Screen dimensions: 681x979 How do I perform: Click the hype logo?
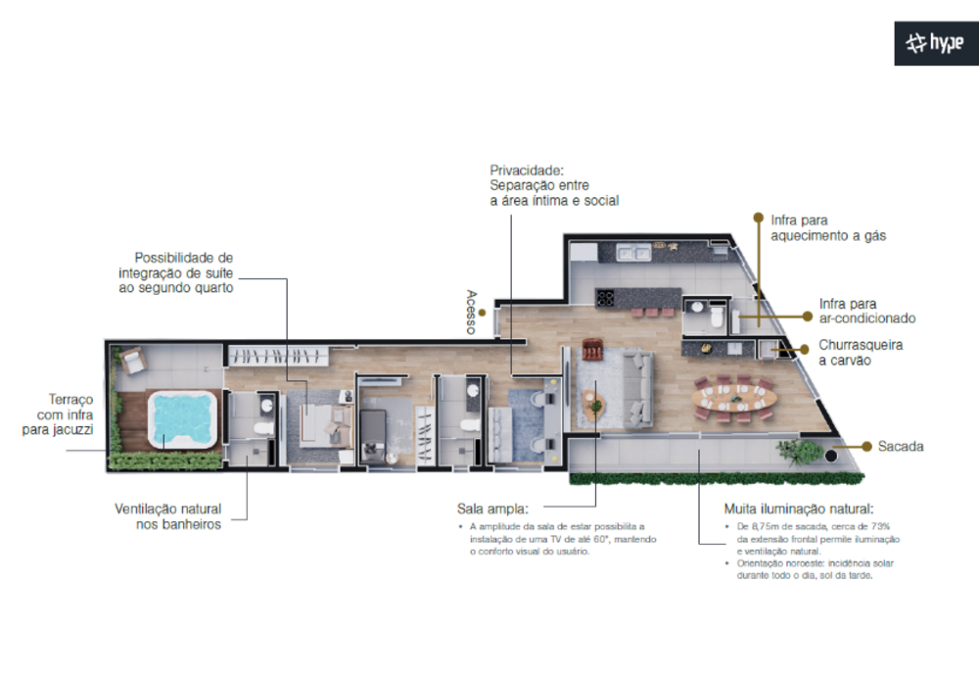pos(937,43)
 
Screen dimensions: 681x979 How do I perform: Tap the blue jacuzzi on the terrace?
pos(181,419)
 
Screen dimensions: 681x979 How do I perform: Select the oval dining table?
pos(733,397)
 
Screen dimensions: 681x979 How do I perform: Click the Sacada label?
pos(901,446)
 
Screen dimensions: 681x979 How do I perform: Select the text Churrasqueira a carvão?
pos(861,353)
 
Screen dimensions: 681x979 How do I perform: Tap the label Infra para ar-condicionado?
pos(866,311)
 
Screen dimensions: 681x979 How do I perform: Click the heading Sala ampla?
pos(492,509)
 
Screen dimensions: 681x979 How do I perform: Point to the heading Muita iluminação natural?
pos(798,509)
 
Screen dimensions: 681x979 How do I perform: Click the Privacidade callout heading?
pos(528,169)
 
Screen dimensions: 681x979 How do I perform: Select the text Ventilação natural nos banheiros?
pos(167,516)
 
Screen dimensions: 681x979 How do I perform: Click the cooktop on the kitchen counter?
pos(605,297)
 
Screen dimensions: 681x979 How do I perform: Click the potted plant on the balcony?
pos(800,452)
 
